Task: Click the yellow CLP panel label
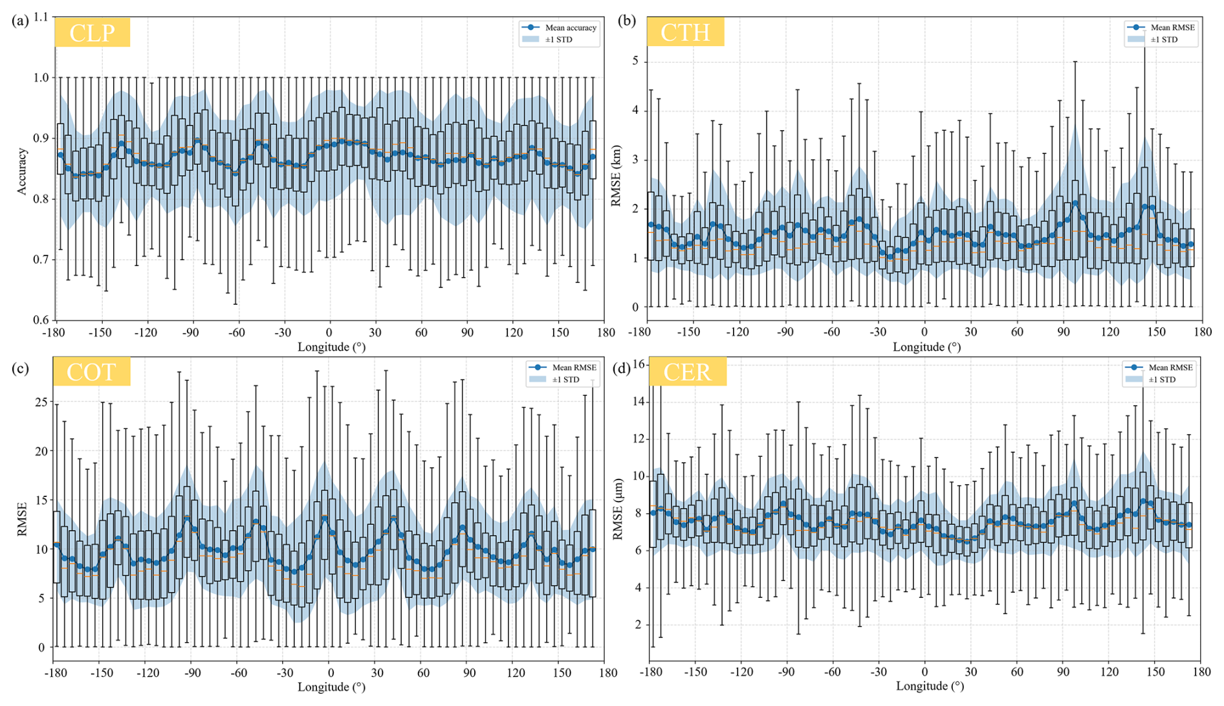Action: point(92,32)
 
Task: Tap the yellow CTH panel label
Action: point(685,32)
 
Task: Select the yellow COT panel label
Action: point(91,371)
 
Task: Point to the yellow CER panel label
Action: point(687,371)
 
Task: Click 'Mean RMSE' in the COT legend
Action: point(574,368)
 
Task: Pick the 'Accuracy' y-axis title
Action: point(23,171)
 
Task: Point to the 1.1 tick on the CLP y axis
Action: point(41,17)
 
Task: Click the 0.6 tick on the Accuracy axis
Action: point(41,320)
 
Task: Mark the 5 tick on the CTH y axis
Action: point(635,61)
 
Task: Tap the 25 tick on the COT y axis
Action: point(41,402)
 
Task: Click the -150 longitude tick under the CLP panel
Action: point(100,333)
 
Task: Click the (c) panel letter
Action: point(20,369)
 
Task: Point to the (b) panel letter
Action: point(627,21)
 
